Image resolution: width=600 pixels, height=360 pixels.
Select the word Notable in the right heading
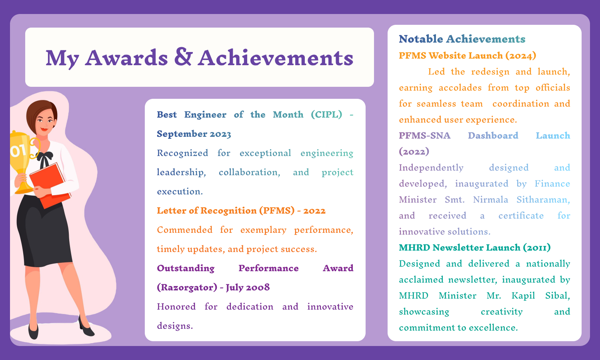(421, 39)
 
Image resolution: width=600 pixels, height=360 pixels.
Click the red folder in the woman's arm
(50, 184)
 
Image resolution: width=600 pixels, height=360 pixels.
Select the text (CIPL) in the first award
(326, 115)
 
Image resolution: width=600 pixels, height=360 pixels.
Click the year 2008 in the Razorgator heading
(257, 288)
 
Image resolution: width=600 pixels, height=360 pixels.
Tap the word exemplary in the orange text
(263, 230)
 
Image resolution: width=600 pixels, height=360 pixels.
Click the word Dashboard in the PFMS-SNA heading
(493, 136)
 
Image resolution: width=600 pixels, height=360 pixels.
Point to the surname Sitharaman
(543, 200)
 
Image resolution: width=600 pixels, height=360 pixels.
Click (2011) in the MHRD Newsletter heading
(536, 248)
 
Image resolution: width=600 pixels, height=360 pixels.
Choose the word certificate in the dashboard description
(521, 216)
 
